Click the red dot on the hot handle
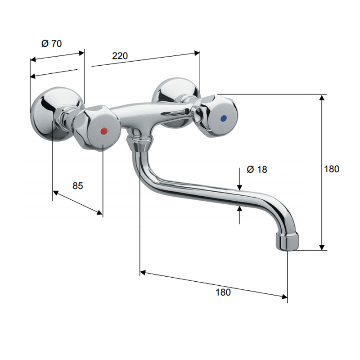(104, 131)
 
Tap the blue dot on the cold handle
(223, 118)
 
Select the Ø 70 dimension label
(52, 43)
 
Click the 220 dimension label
(120, 56)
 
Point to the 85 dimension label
(77, 186)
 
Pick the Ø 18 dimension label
(257, 170)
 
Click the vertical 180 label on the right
(332, 169)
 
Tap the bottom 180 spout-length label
(223, 292)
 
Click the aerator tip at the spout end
(287, 241)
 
